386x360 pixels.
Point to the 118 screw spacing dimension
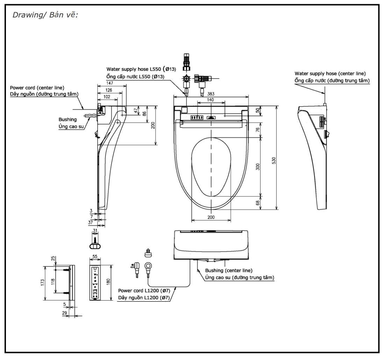(x=53, y=282)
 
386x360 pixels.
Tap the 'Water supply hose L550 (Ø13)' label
(x=141, y=69)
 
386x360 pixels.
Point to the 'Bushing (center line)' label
(x=229, y=271)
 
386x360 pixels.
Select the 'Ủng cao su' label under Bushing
(x=68, y=126)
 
